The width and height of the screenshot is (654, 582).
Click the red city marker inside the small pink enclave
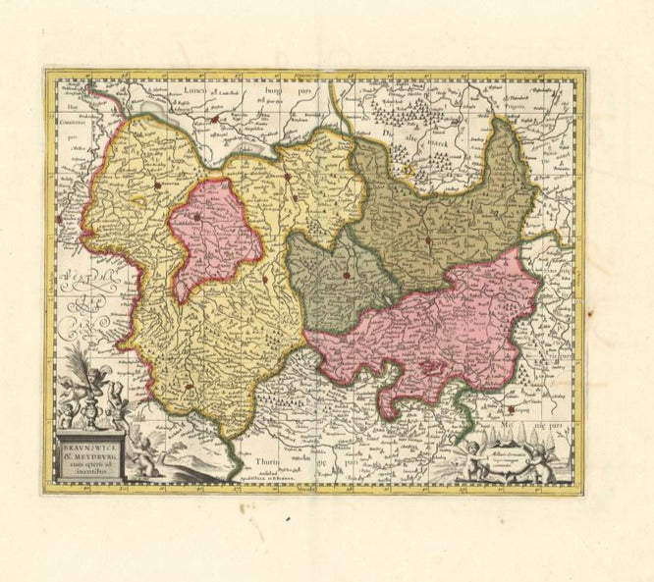tap(197, 217)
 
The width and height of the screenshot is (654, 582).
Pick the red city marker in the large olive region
tap(429, 238)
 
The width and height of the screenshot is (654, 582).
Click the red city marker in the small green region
tap(347, 276)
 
